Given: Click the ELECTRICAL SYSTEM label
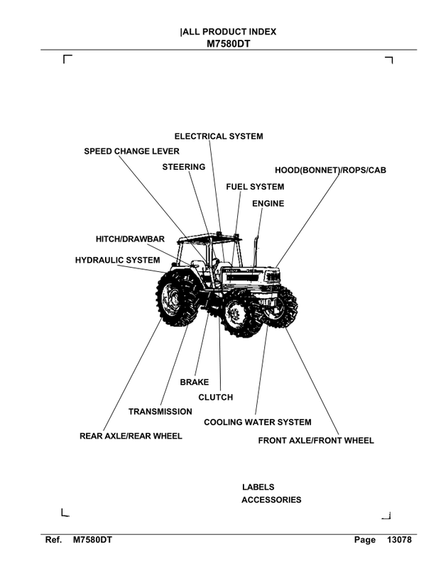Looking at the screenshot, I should pyautogui.click(x=219, y=136).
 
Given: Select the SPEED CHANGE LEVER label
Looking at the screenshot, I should pyautogui.click(x=131, y=151).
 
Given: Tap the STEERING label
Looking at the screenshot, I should pyautogui.click(x=183, y=167).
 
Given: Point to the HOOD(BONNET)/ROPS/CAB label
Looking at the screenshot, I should pyautogui.click(x=330, y=170).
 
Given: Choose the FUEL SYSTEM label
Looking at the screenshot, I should pyautogui.click(x=255, y=187).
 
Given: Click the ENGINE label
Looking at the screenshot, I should pyautogui.click(x=268, y=204).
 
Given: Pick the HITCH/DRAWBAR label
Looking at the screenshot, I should pyautogui.click(x=130, y=239).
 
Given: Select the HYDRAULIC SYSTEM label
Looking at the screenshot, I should pyautogui.click(x=117, y=261).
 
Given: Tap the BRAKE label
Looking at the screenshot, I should pyautogui.click(x=194, y=382).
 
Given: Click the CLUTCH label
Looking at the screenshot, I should pyautogui.click(x=215, y=398).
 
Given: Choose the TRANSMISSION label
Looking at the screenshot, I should pyautogui.click(x=160, y=412).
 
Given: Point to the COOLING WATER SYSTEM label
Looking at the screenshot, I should pyautogui.click(x=258, y=422).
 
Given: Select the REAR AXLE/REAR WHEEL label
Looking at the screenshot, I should pyautogui.click(x=131, y=436).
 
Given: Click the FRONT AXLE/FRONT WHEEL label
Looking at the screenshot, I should pyautogui.click(x=316, y=440).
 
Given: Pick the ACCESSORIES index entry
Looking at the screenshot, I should pyautogui.click(x=271, y=500).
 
